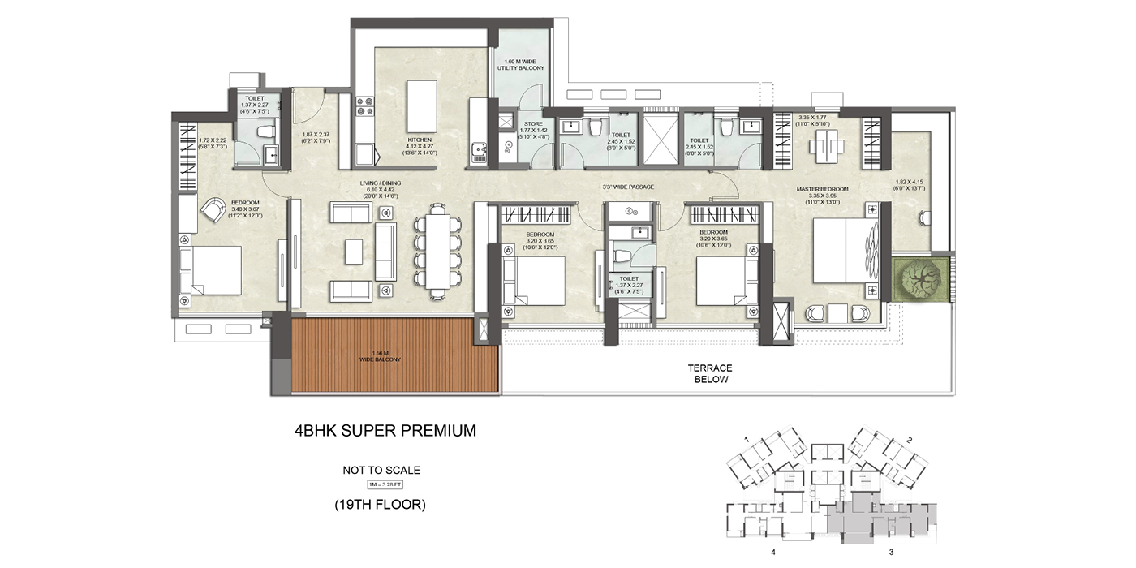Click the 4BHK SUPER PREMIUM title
click(x=385, y=431)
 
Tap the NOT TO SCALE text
click(x=381, y=470)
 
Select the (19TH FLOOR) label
click(x=380, y=505)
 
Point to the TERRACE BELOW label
click(x=710, y=374)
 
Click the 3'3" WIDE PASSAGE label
click(x=629, y=187)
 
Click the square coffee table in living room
click(x=354, y=251)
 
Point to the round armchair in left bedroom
click(x=215, y=210)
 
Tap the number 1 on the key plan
click(x=745, y=439)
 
